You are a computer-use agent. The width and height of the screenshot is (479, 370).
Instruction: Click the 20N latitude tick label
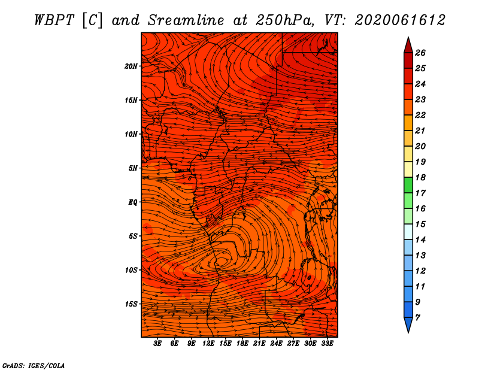point(131,66)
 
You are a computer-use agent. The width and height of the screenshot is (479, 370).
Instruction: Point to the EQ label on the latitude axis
point(133,202)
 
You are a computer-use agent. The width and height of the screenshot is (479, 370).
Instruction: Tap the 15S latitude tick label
point(131,304)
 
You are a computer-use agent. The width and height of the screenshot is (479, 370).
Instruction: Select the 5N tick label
point(133,168)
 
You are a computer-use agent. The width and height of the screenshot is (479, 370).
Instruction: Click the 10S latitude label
point(131,270)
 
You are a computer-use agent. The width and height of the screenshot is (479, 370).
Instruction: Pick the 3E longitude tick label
point(157,344)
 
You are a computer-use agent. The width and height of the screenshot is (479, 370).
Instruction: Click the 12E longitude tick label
point(208,344)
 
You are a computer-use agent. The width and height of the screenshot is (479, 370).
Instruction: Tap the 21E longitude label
point(259,344)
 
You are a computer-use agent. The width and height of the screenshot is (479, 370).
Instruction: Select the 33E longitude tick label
point(327,344)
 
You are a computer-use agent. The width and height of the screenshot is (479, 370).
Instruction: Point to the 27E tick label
point(293,344)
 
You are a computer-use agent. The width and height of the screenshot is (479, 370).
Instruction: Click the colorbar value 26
point(420,53)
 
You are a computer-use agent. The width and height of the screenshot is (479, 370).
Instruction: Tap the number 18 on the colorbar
point(420,177)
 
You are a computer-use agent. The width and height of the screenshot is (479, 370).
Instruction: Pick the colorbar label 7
point(417,318)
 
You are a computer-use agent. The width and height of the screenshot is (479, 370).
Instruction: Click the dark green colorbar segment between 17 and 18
point(408,185)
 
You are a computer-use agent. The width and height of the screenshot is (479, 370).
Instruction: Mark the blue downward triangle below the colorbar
point(408,324)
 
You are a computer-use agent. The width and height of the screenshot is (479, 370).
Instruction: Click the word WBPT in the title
point(54,20)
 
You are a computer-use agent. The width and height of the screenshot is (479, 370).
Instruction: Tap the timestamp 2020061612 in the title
point(400,20)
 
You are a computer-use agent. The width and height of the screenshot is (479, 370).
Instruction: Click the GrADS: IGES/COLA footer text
point(34,366)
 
